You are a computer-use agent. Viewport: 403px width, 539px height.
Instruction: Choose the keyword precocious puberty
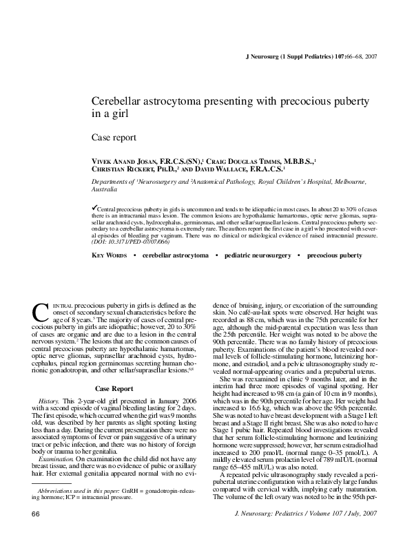(334, 255)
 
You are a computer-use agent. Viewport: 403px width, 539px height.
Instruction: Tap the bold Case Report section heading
(114, 388)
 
